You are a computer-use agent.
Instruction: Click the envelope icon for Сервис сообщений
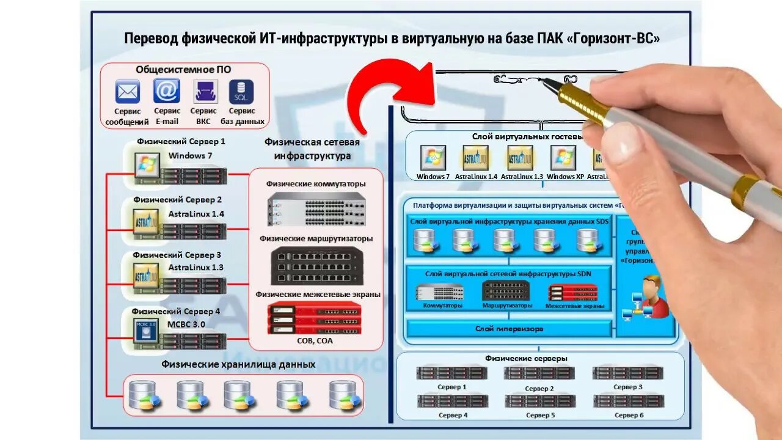pos(128,92)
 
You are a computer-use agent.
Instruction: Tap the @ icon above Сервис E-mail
pos(166,92)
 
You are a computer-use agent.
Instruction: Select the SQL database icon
pos(241,92)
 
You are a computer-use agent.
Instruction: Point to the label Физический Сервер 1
pos(181,141)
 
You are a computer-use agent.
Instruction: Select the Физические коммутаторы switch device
pos(316,208)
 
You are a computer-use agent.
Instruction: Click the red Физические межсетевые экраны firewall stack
pos(315,318)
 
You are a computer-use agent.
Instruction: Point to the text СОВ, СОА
pos(316,340)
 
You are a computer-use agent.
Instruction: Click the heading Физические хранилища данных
pos(238,365)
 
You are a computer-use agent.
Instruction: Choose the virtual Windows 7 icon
pos(433,158)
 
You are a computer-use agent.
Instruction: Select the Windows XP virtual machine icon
pos(563,158)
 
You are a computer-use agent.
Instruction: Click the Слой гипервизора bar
pos(509,329)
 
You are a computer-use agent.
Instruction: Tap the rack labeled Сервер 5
pos(540,402)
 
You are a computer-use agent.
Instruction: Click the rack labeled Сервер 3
pos(627,373)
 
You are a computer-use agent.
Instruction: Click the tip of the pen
pos(546,81)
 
